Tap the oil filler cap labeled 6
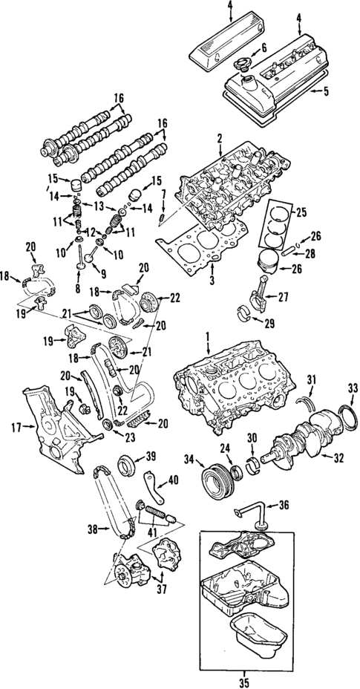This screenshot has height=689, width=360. [241, 68]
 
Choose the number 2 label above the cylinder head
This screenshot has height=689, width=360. [220, 137]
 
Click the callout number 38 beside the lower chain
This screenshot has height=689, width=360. [93, 529]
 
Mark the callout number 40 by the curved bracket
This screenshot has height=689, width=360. [174, 480]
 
